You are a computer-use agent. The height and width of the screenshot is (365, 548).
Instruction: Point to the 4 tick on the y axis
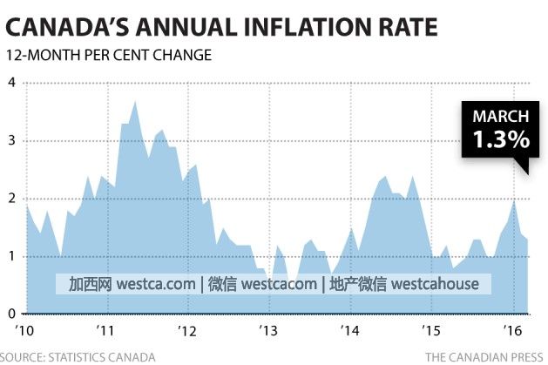[12, 83]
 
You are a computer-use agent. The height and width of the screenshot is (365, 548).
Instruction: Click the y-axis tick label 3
[12, 140]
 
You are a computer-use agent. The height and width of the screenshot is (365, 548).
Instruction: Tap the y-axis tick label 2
[12, 199]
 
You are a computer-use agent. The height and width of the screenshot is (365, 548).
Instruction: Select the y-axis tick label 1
[12, 256]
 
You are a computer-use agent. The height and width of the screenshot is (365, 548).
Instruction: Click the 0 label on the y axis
[12, 314]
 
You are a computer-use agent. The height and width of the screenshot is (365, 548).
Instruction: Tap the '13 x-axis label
[269, 331]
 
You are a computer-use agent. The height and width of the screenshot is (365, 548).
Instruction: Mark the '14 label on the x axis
[350, 331]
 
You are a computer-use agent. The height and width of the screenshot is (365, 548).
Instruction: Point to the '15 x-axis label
[431, 331]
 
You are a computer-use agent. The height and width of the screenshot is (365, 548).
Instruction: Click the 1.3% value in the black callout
[500, 139]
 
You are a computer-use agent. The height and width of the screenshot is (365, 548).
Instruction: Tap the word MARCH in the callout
[500, 117]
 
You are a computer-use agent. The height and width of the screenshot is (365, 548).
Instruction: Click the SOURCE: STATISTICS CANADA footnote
[78, 357]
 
